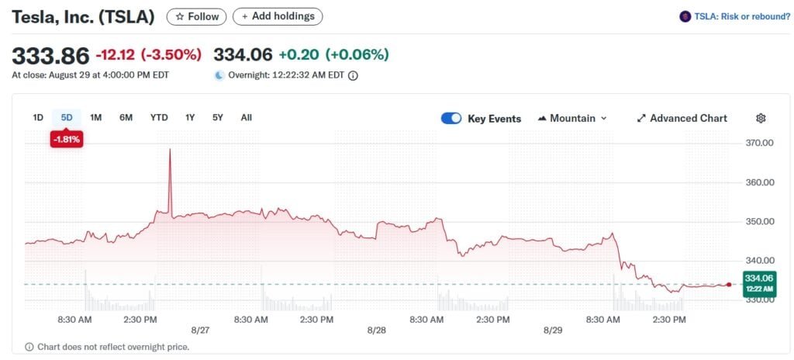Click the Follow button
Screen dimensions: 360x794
point(197,16)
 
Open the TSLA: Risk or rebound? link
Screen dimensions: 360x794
point(734,16)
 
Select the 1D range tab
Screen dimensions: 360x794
point(38,118)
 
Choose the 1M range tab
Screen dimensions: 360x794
point(96,118)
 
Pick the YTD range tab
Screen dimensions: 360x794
point(159,118)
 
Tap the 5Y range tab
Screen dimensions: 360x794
point(218,118)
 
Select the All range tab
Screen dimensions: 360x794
point(246,118)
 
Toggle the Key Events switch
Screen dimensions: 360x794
point(451,119)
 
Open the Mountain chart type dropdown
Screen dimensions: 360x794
point(572,119)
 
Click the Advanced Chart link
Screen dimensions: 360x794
point(682,119)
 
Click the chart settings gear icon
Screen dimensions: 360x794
point(761,119)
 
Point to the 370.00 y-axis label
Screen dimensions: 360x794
point(759,144)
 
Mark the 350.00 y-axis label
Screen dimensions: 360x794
point(759,222)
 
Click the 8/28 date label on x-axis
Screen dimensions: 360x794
point(377,331)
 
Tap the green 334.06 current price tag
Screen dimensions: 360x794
point(759,282)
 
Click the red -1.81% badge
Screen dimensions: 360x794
point(67,140)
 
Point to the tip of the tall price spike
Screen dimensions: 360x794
point(170,149)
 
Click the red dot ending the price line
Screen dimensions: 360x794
point(729,285)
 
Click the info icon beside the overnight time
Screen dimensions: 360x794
point(353,75)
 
